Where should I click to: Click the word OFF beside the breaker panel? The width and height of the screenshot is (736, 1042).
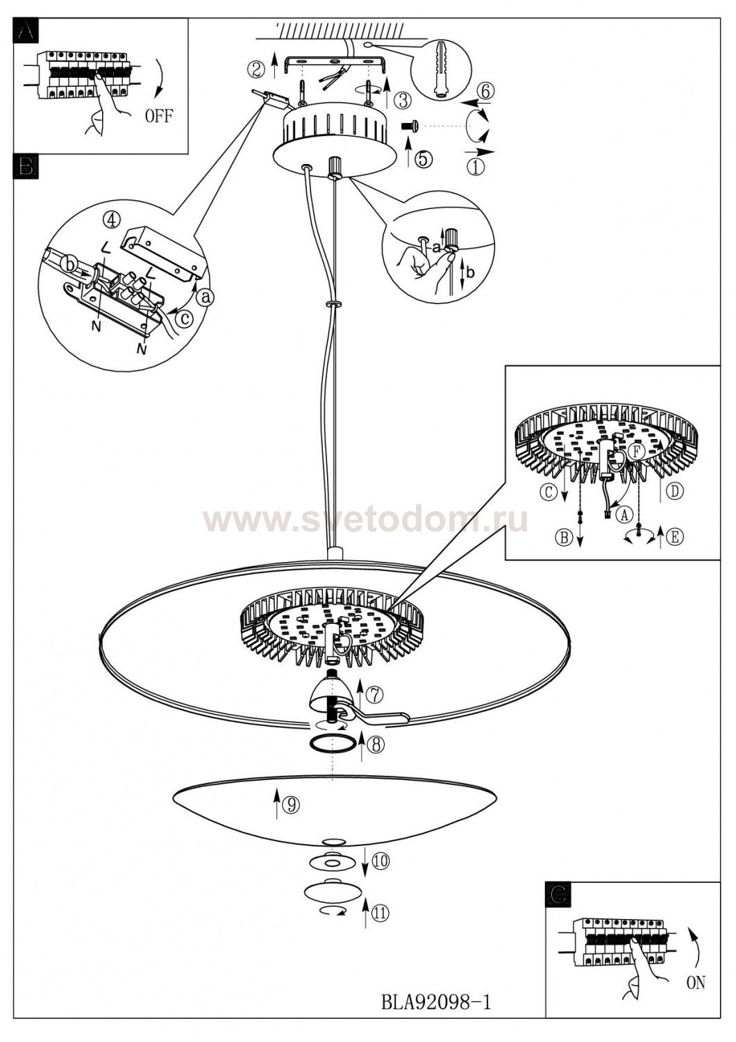(x=158, y=116)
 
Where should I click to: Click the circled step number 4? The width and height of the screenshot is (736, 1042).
(x=110, y=220)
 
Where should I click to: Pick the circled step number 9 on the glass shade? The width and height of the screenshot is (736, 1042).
(x=290, y=804)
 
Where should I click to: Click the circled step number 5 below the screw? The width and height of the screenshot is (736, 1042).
(x=423, y=159)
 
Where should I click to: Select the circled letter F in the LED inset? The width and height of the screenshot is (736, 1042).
(x=637, y=451)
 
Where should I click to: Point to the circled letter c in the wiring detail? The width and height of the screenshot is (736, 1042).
(x=185, y=318)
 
